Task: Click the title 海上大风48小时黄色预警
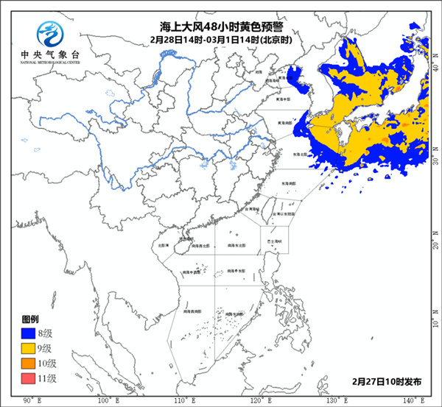point(220,26)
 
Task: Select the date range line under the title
point(220,39)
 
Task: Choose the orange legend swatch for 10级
point(28,363)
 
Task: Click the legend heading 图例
point(30,320)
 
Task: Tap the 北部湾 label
point(164,244)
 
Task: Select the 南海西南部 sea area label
point(194,312)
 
